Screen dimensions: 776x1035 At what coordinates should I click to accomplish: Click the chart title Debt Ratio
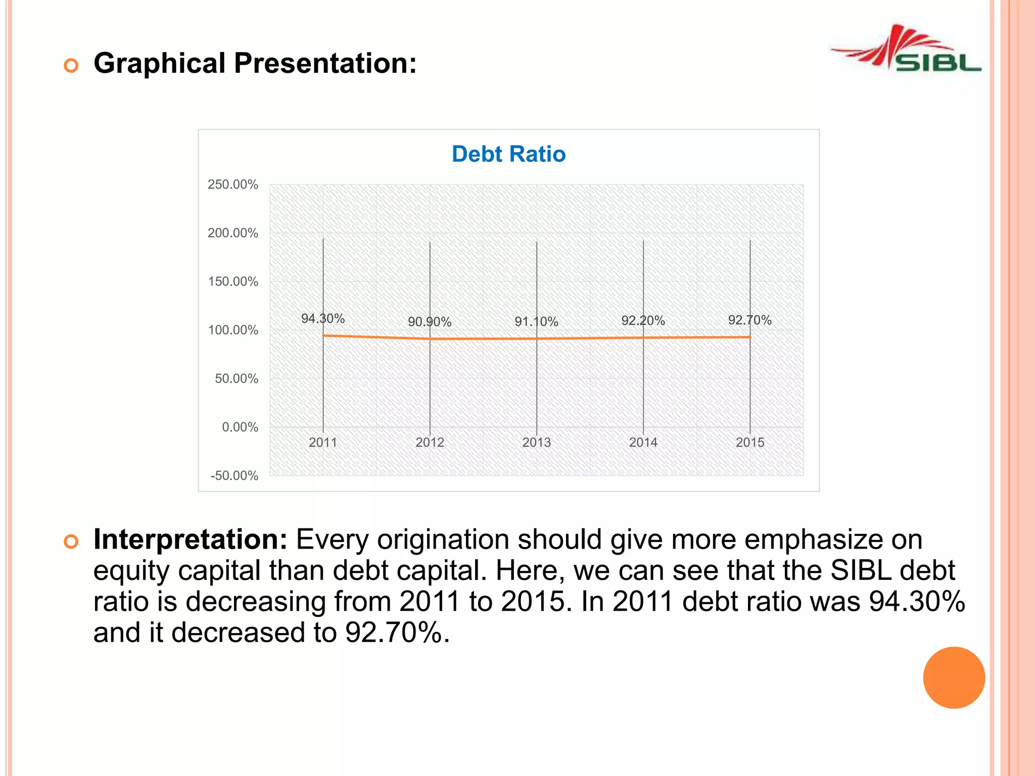coord(508,154)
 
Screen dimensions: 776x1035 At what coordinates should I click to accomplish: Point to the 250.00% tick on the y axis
coord(232,185)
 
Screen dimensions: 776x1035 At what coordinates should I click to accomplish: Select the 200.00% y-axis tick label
coord(232,233)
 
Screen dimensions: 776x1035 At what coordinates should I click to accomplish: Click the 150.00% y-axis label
coord(232,282)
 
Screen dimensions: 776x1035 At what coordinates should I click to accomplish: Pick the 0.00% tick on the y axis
coord(240,427)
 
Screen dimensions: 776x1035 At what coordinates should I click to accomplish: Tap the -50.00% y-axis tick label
coord(234,476)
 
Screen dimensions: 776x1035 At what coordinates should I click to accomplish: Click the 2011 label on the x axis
coord(323,443)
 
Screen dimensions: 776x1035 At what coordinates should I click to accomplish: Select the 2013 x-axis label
coord(536,443)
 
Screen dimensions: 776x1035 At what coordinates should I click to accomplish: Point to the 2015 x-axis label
coord(750,443)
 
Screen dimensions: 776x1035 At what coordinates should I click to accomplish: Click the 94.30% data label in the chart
coord(323,319)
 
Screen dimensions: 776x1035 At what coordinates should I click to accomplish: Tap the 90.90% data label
coord(430,322)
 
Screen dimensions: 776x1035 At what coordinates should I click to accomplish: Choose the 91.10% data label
coord(536,322)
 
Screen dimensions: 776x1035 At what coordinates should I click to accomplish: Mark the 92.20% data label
coord(643,321)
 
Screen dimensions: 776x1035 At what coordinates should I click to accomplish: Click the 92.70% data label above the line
coord(749,320)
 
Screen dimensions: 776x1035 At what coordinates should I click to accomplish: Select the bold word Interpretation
coord(190,540)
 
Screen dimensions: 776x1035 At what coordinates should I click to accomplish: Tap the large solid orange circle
coord(954,677)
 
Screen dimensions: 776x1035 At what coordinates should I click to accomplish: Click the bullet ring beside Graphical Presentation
coord(71,66)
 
